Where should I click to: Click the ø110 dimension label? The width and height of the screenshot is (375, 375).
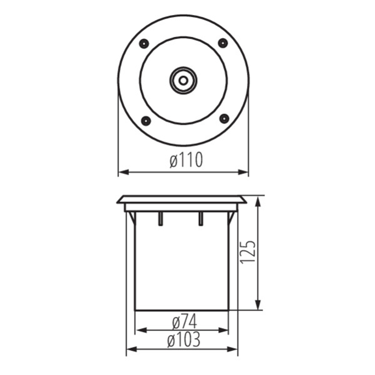(x=186, y=160)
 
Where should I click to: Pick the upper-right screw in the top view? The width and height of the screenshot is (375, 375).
(x=223, y=43)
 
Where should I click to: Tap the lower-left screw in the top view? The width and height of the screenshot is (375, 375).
(x=145, y=121)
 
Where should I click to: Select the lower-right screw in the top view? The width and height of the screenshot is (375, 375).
(x=224, y=119)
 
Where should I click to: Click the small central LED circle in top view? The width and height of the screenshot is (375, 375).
(x=183, y=80)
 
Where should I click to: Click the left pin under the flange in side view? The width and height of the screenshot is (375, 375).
(x=160, y=219)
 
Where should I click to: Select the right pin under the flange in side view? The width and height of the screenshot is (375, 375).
(x=201, y=219)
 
